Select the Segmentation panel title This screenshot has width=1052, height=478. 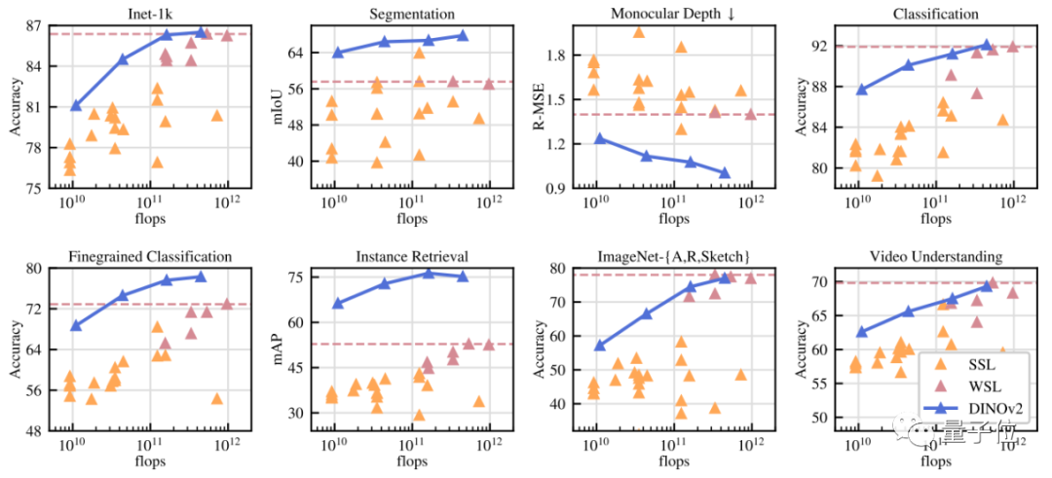410,14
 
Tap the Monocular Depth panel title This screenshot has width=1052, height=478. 672,14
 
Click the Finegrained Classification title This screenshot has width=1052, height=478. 150,257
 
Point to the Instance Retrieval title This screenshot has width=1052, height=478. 410,257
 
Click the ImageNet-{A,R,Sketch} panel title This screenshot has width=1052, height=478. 672,257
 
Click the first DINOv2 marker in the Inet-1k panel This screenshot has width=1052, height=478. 76,105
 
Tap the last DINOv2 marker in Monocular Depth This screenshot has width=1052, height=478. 724,172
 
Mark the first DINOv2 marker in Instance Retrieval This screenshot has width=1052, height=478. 338,303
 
